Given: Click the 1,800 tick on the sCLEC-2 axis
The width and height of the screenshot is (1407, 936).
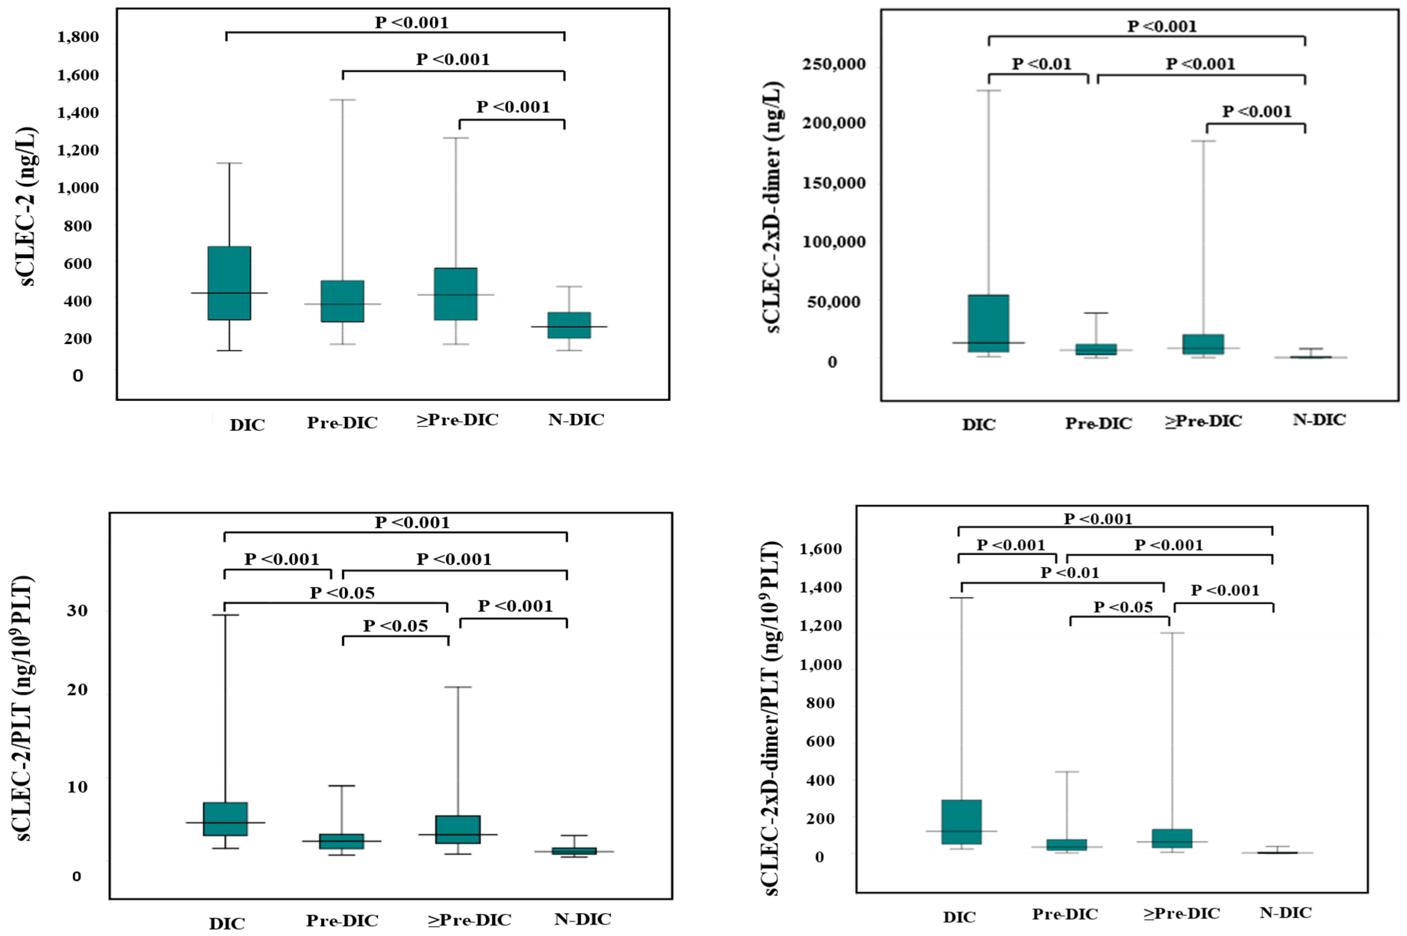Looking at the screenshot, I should click(78, 37).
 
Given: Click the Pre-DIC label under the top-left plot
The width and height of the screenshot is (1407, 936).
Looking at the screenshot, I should click(342, 423).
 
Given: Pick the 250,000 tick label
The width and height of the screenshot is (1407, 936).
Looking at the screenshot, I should click(834, 64).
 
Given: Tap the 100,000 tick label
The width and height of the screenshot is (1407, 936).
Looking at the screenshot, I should click(834, 242).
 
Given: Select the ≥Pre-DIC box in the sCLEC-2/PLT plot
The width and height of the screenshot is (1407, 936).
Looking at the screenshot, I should click(458, 829).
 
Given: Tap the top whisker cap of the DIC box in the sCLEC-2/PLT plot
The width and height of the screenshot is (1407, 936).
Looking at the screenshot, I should click(226, 615).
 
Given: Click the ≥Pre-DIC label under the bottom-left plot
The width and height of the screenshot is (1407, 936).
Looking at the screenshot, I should click(469, 919).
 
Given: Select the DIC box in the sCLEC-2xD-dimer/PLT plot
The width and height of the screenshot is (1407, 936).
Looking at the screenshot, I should click(962, 821).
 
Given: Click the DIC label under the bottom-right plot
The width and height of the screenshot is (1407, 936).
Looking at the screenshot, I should click(959, 917).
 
